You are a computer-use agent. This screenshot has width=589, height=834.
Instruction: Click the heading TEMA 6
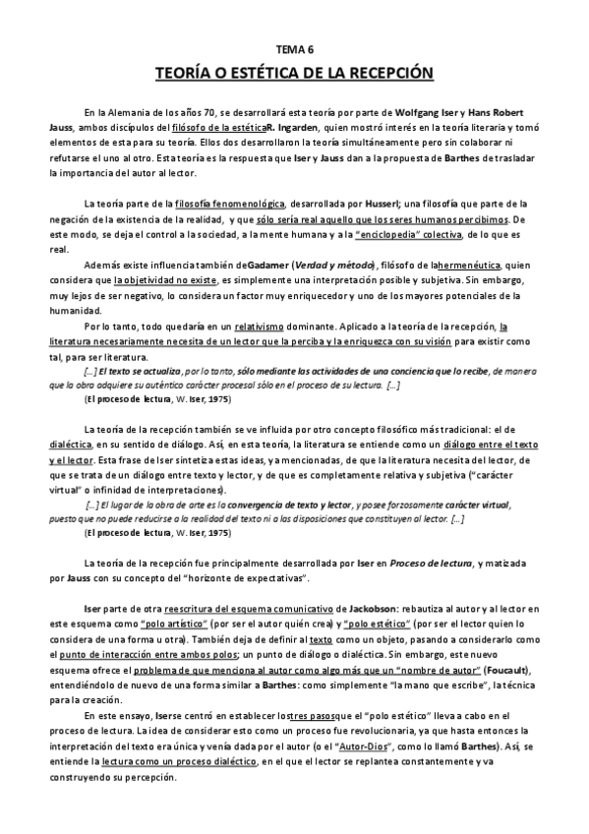(x=294, y=47)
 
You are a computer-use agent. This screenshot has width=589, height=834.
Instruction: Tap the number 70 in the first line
(x=195, y=113)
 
